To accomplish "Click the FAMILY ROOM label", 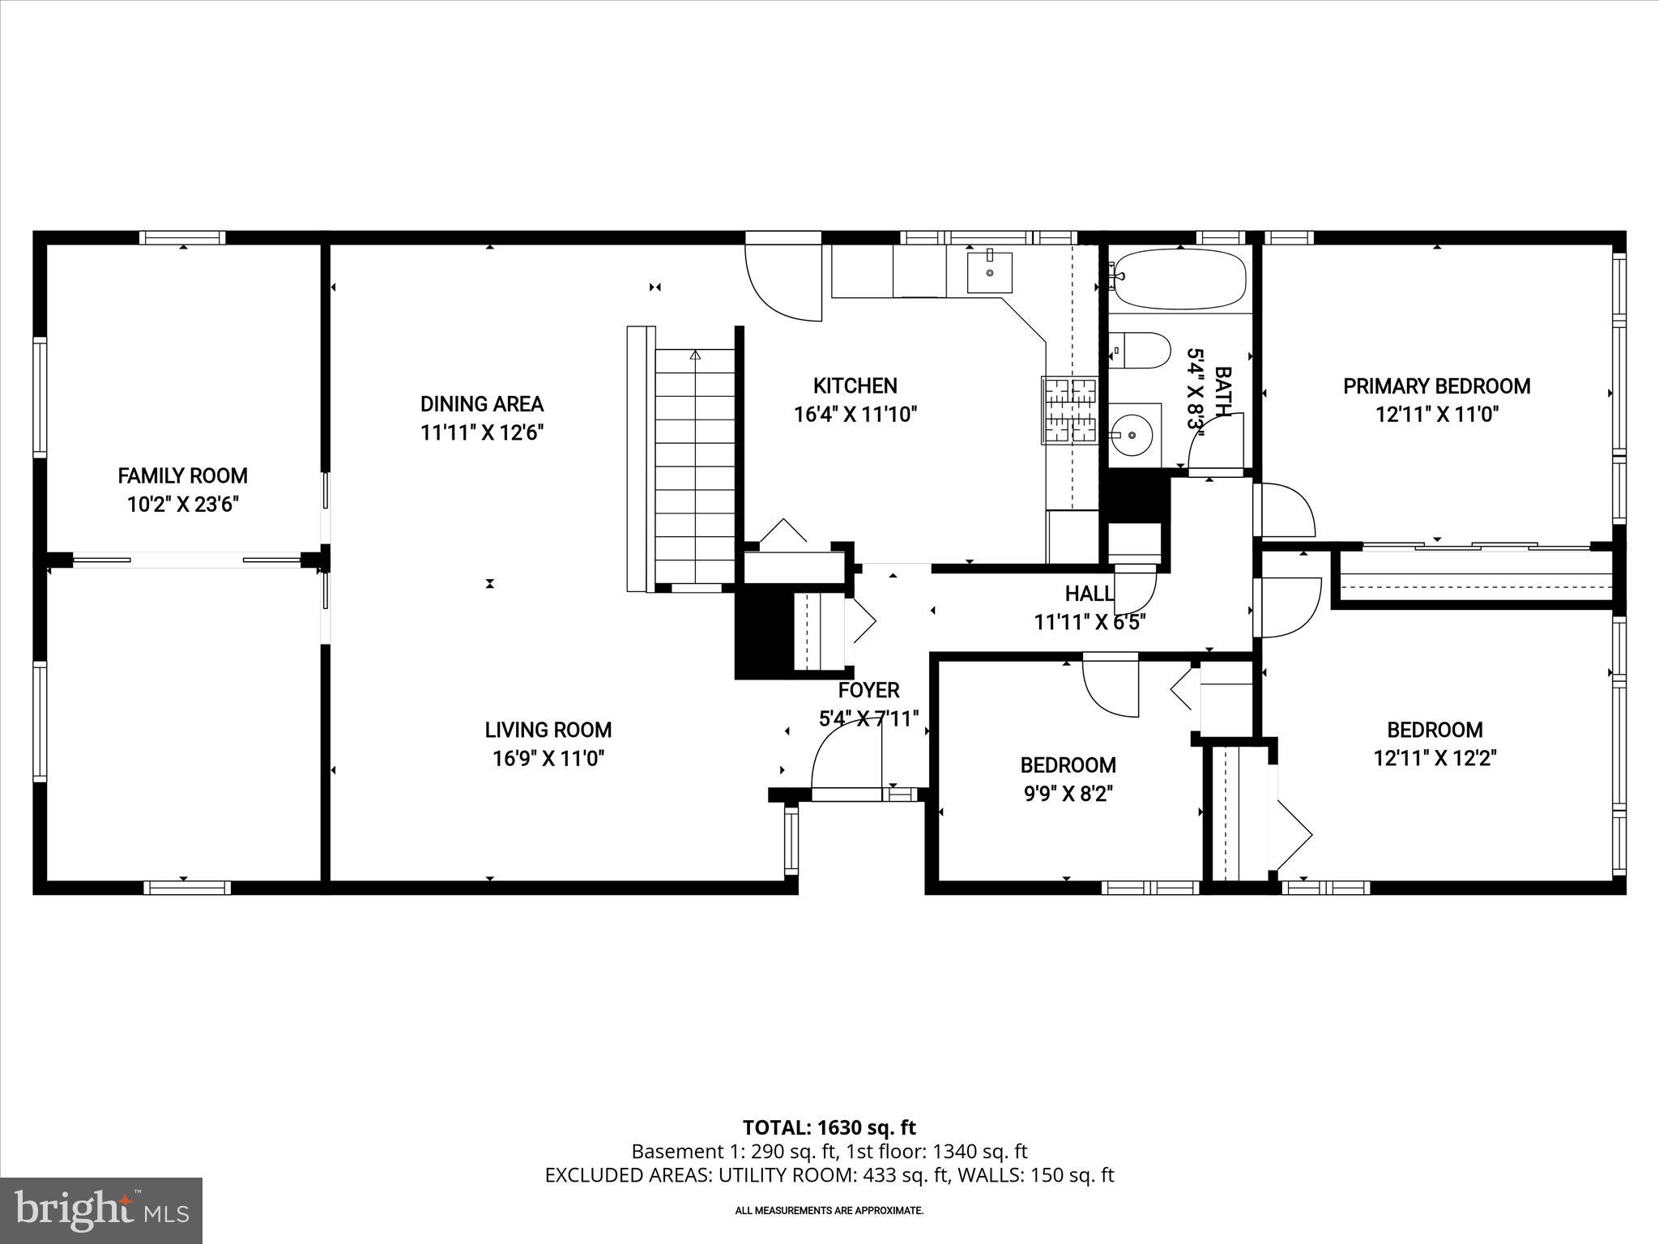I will (x=182, y=475).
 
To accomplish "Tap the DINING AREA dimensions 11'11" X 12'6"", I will (x=481, y=432).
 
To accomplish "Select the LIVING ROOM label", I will (x=548, y=730).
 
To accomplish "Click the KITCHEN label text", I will (x=855, y=386).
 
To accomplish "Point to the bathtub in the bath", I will (x=1179, y=279).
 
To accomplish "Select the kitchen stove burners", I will (x=1068, y=411).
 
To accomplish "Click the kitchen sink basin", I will (x=989, y=272).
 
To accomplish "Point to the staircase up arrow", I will (x=694, y=355).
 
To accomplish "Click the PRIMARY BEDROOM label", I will (x=1436, y=386).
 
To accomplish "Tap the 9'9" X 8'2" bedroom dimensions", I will (x=1068, y=794).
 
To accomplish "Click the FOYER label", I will (x=868, y=690).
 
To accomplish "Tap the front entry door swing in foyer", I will (x=842, y=753).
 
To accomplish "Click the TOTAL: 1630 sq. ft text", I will (x=829, y=1127).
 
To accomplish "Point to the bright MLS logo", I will (x=101, y=1210).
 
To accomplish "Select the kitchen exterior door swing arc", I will (x=779, y=283).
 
